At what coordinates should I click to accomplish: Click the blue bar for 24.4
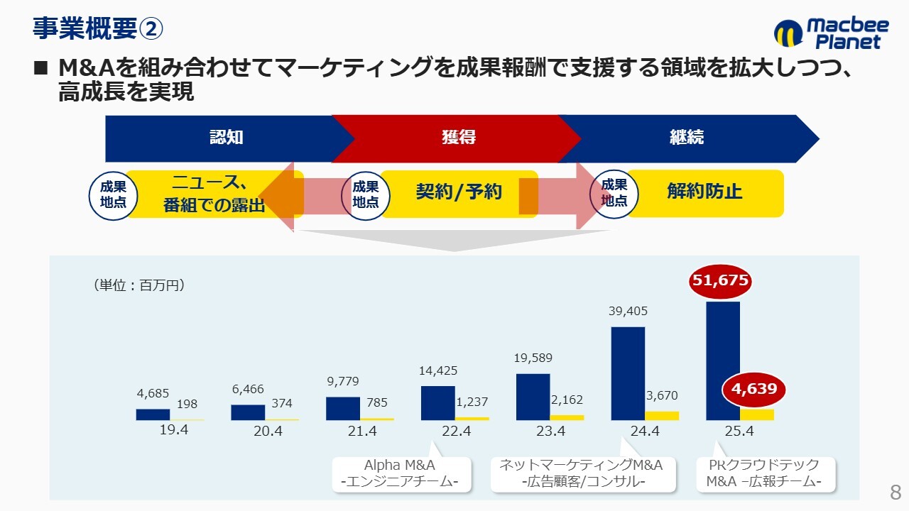click(x=628, y=373)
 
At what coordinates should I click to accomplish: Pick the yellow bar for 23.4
click(x=567, y=417)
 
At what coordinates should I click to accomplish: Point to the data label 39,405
click(x=628, y=311)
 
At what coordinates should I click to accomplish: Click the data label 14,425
click(x=438, y=370)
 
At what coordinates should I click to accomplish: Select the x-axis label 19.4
click(x=173, y=429)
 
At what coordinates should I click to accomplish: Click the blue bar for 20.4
click(x=248, y=412)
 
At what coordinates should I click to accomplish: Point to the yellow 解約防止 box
click(x=704, y=192)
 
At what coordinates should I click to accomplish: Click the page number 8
click(x=895, y=493)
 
